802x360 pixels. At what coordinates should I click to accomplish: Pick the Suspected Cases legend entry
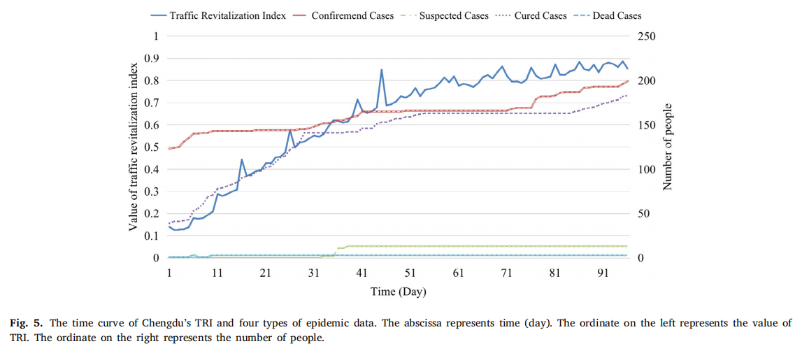pyautogui.click(x=453, y=15)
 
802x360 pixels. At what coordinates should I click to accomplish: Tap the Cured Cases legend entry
pyautogui.click(x=539, y=15)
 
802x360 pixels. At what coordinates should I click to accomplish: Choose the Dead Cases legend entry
pyautogui.click(x=616, y=15)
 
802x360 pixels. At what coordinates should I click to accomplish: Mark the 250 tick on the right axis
pyautogui.click(x=647, y=36)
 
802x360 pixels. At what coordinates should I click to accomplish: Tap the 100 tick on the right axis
pyautogui.click(x=647, y=169)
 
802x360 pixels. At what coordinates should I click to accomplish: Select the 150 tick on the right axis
pyautogui.click(x=647, y=124)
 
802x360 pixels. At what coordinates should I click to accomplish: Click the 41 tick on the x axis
pyautogui.click(x=361, y=273)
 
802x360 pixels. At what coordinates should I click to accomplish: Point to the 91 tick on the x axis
pyautogui.click(x=602, y=273)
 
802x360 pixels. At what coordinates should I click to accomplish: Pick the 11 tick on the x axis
pyautogui.click(x=217, y=273)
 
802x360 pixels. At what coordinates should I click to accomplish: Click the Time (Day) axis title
pyautogui.click(x=398, y=291)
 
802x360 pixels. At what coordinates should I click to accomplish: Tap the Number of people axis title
pyautogui.click(x=668, y=146)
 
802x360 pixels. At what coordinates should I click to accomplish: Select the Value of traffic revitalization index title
pyautogui.click(x=133, y=147)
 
